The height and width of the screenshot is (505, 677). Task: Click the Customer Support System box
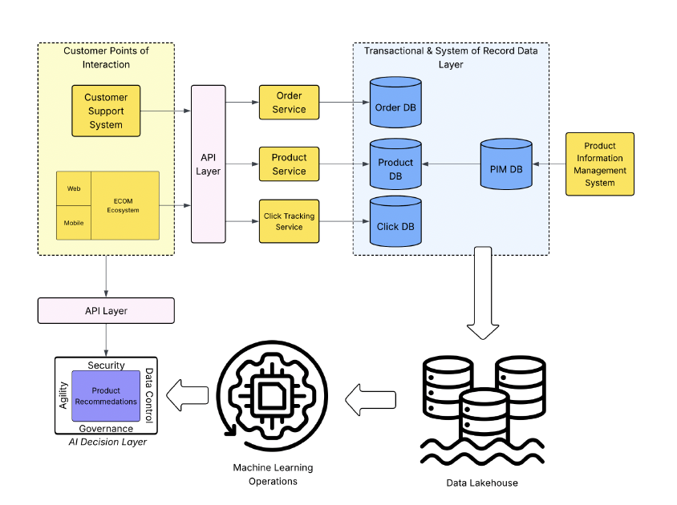click(106, 111)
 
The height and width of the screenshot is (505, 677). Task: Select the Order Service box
click(289, 103)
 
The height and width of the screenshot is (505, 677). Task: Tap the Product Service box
click(289, 164)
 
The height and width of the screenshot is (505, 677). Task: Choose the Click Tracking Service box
click(289, 221)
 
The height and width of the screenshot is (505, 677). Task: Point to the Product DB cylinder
click(395, 166)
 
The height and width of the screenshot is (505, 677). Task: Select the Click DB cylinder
click(395, 223)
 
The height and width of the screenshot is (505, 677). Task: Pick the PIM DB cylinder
click(506, 168)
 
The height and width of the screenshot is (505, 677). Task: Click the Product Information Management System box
click(599, 164)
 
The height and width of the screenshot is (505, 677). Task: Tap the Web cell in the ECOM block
click(74, 188)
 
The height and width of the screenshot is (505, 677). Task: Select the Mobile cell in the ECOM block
click(74, 223)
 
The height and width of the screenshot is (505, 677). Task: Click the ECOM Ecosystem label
click(124, 205)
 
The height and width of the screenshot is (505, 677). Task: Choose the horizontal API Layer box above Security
click(106, 310)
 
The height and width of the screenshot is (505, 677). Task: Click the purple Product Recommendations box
click(106, 396)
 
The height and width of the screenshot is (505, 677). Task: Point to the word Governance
click(106, 429)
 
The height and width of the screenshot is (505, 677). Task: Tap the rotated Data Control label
click(148, 394)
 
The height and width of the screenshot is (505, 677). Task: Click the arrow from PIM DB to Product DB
click(451, 164)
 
